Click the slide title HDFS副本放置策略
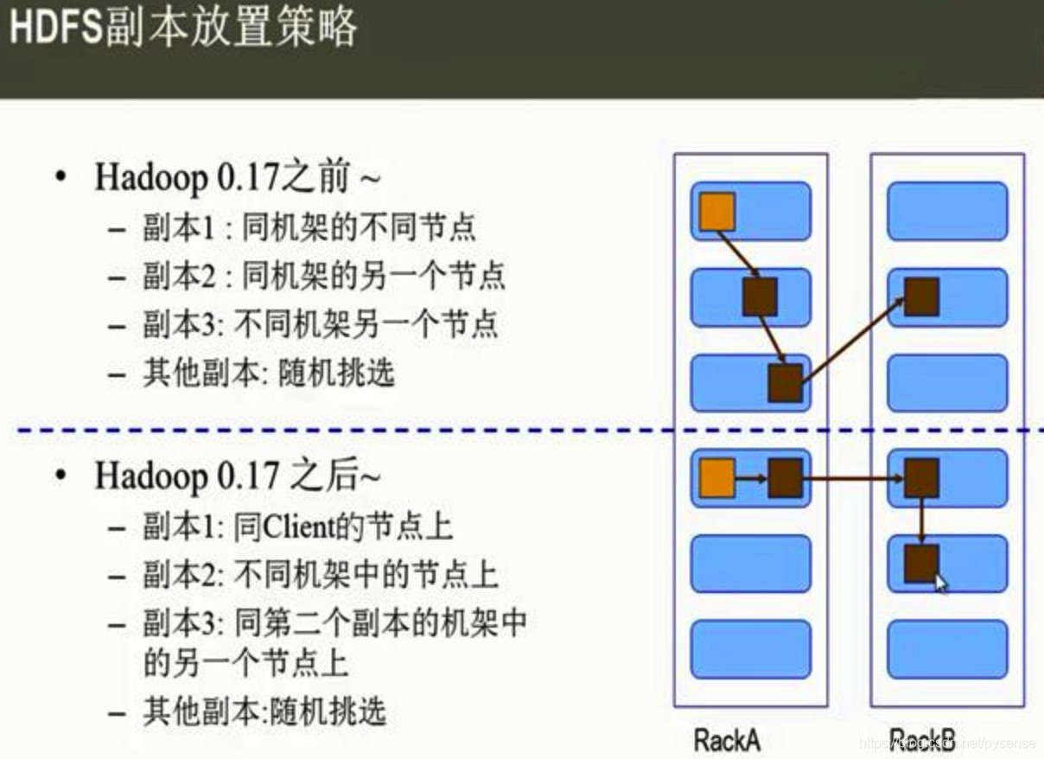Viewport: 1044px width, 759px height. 182,29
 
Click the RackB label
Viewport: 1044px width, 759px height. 923,739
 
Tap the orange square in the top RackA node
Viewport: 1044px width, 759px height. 716,212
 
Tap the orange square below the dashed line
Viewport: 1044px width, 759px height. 716,477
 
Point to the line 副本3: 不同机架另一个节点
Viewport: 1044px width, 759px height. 320,325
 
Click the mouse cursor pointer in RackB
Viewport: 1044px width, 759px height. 941,584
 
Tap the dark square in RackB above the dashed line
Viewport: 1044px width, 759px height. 921,297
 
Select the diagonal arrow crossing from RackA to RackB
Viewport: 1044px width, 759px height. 852,338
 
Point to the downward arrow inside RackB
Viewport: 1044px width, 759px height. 921,520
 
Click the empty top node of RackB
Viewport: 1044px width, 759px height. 947,211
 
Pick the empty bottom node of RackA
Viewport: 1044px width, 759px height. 750,649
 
